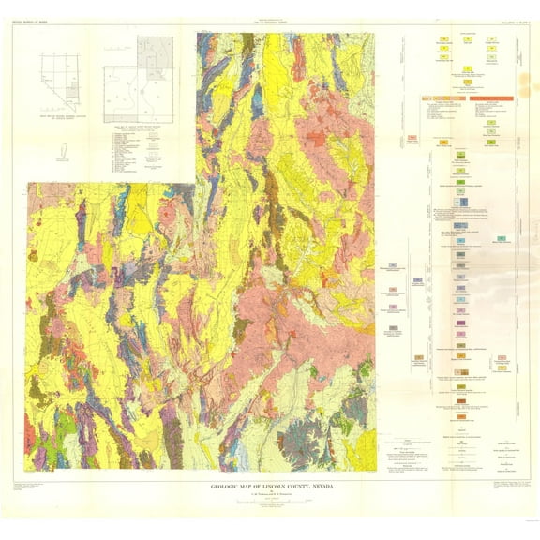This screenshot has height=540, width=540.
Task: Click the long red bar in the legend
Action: [490, 97]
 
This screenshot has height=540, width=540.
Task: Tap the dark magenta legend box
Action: [461, 322]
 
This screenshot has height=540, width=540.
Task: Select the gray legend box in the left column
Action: [393, 327]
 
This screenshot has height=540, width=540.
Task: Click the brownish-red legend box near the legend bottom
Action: [461, 386]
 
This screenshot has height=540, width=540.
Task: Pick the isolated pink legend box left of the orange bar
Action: [412, 138]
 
